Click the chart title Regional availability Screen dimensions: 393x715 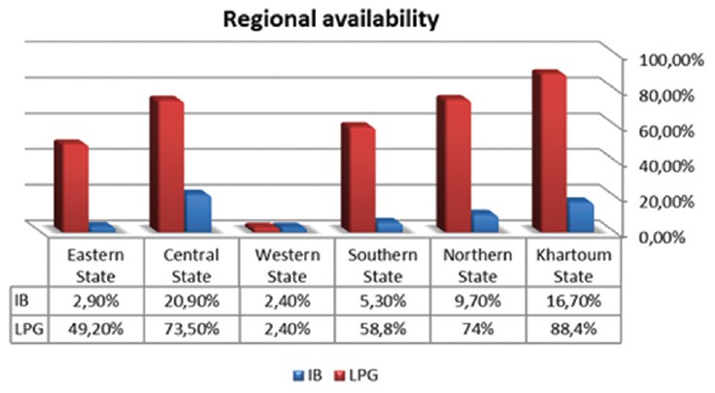click(357, 18)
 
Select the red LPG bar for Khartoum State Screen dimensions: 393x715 click(549, 150)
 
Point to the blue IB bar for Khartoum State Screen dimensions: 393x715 click(579, 214)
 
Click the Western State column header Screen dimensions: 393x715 click(285, 264)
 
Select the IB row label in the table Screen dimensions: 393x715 click(23, 302)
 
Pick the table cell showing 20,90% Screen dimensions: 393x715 click(189, 302)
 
